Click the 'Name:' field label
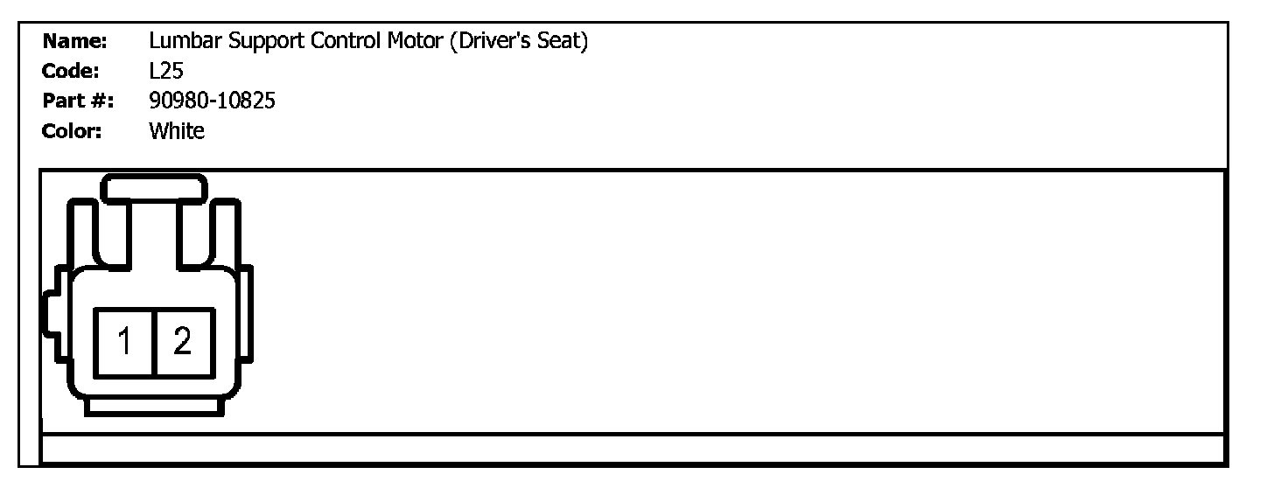pos(75,41)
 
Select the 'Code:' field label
pos(74,72)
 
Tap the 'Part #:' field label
pos(78,101)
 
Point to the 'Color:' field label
pos(73,132)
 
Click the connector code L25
pos(166,72)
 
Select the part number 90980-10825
pos(213,101)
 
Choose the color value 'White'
pos(177,132)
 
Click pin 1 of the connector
pos(125,342)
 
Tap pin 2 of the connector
pos(183,342)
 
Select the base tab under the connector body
pos(154,407)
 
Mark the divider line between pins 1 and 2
pos(153,342)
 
